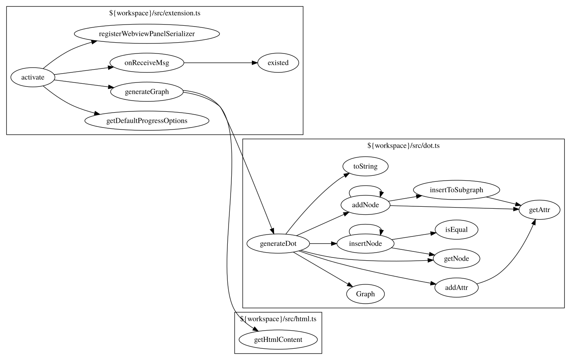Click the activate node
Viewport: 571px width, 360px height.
[x=33, y=77]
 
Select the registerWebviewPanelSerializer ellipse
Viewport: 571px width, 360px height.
[x=147, y=34]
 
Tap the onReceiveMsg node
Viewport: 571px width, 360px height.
[x=147, y=63]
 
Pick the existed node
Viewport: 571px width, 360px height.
[x=278, y=63]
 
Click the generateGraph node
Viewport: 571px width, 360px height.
[x=147, y=92]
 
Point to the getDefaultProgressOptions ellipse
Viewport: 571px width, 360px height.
[x=147, y=121]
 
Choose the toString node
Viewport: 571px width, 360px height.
[x=365, y=166]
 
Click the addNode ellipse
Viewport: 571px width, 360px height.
[x=365, y=205]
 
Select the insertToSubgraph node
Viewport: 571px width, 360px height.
[x=456, y=190]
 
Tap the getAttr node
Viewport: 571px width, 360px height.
[x=539, y=210]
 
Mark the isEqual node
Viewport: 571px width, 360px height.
[x=456, y=230]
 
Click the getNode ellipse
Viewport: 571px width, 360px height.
[x=456, y=259]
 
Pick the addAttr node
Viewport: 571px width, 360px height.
[x=456, y=288]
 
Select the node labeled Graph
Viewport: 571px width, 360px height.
[x=365, y=294]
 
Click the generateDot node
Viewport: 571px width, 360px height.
[x=278, y=243]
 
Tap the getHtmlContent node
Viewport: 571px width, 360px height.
[x=278, y=339]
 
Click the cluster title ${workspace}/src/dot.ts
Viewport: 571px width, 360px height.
[x=403, y=146]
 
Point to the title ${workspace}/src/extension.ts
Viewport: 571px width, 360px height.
[x=155, y=13]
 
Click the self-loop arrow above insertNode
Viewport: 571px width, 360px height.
[x=365, y=225]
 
